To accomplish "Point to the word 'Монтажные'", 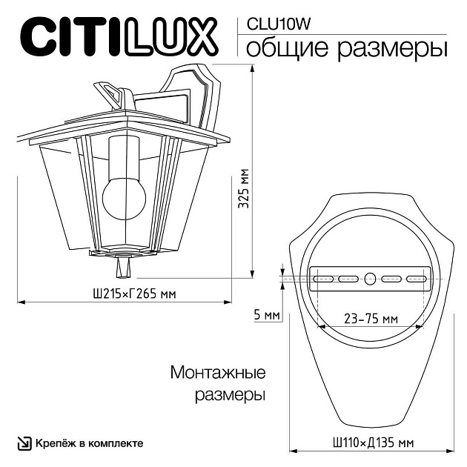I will coord(218,372).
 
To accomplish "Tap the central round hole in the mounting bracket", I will coord(371,280).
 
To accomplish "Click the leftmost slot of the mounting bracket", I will coord(324,280).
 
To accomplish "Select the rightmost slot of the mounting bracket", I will coord(417,280).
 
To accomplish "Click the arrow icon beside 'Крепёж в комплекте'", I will coord(24,443).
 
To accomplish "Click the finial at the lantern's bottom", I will coord(122,264).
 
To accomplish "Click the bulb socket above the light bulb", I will coord(122,152).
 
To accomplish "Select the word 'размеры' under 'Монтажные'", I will coord(230,395).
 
